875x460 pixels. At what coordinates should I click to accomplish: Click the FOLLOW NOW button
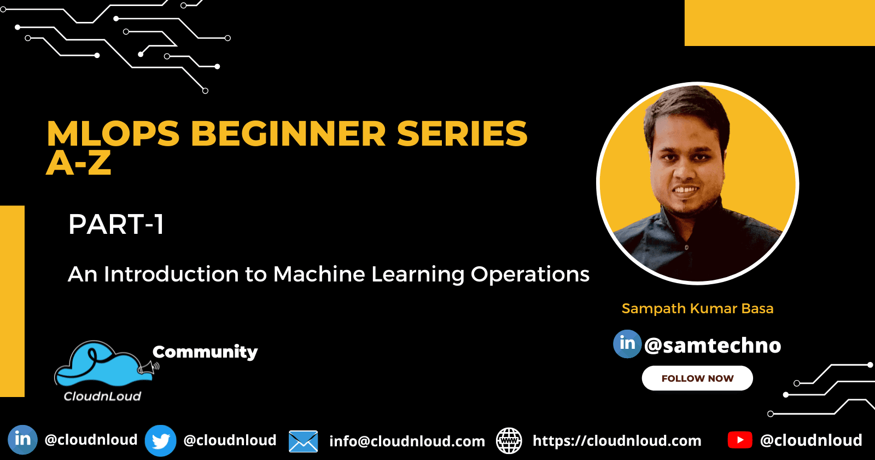click(x=697, y=378)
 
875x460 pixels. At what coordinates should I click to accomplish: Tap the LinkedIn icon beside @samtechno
click(x=627, y=344)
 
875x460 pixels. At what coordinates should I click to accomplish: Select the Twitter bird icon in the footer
click(x=160, y=441)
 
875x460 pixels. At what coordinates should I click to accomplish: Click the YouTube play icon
click(x=740, y=440)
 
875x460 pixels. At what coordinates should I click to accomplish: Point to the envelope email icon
click(x=303, y=441)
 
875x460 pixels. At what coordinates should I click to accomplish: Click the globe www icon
click(x=509, y=441)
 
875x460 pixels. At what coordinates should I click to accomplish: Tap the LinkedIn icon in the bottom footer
click(x=22, y=440)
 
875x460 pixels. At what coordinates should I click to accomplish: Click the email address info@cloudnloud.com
click(x=407, y=441)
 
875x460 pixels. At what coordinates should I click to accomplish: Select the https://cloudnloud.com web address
click(x=617, y=441)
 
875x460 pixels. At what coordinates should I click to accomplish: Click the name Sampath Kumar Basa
click(x=697, y=308)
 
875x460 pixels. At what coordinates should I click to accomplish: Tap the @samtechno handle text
click(x=713, y=346)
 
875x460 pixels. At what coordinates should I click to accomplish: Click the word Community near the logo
click(x=205, y=352)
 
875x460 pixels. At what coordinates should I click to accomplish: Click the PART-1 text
click(x=116, y=225)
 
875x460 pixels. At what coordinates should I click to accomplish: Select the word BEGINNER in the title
click(x=288, y=134)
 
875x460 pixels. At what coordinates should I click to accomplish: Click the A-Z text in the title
click(x=79, y=163)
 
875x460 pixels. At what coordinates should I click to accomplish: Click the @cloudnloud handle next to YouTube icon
click(x=810, y=440)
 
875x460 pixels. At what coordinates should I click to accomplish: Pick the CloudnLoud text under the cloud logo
click(x=102, y=396)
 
